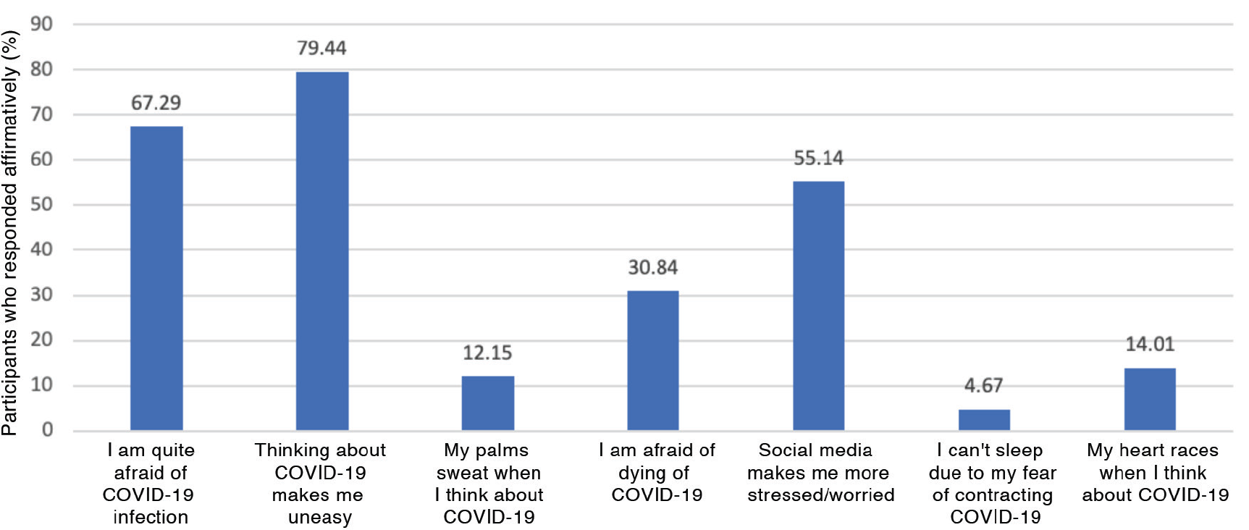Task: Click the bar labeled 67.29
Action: pyautogui.click(x=156, y=279)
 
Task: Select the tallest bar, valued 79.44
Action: pyautogui.click(x=322, y=251)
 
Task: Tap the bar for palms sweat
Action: pyautogui.click(x=488, y=403)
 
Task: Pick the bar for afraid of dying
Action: pyautogui.click(x=653, y=361)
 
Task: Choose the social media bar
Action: pyautogui.click(x=818, y=306)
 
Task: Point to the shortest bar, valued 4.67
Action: pyautogui.click(x=984, y=420)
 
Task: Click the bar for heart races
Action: pyautogui.click(x=1150, y=400)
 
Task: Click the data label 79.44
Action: pyautogui.click(x=321, y=49)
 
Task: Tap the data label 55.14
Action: pyautogui.click(x=818, y=159)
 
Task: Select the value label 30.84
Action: pyautogui.click(x=652, y=268)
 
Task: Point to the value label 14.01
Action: pyautogui.click(x=1150, y=345)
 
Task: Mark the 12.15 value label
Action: pyautogui.click(x=487, y=353)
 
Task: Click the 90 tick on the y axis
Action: pyautogui.click(x=41, y=24)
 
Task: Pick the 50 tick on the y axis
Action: pyautogui.click(x=41, y=204)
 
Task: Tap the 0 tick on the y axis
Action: pyautogui.click(x=47, y=430)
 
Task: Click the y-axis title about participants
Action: pyautogui.click(x=10, y=232)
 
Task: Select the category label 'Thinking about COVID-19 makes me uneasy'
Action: pyautogui.click(x=320, y=484)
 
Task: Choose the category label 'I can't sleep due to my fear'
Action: pyautogui.click(x=993, y=461)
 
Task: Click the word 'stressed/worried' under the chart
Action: pyautogui.click(x=821, y=495)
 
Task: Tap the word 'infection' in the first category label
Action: pyautogui.click(x=151, y=518)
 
